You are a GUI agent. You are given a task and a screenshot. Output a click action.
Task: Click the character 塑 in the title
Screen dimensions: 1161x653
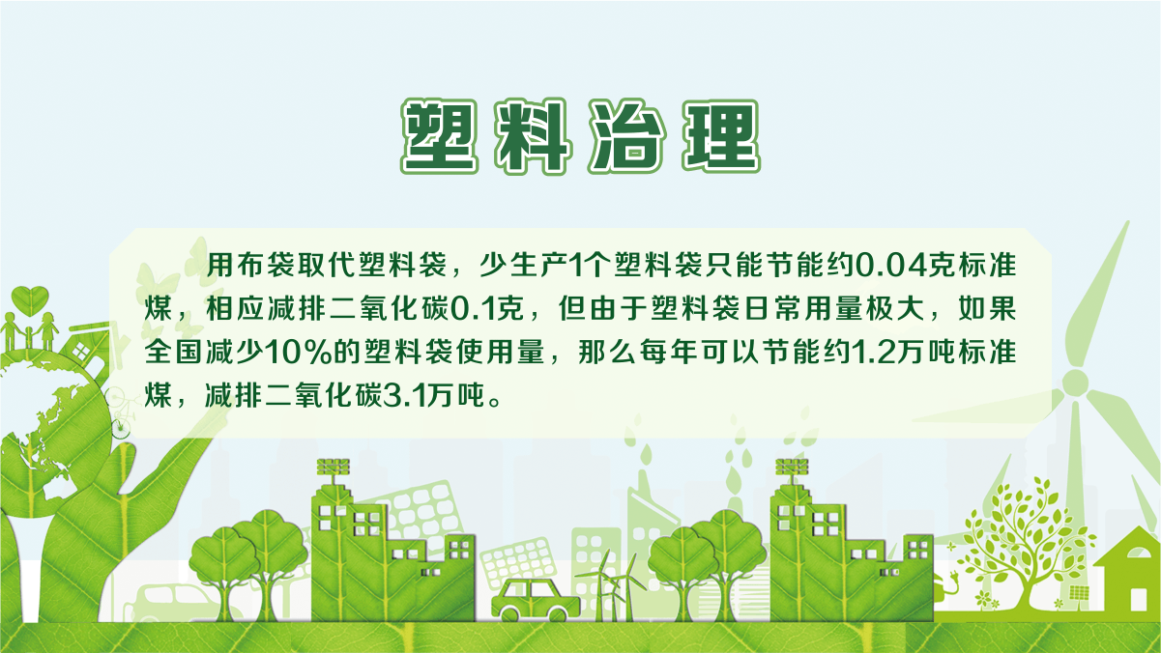click(440, 135)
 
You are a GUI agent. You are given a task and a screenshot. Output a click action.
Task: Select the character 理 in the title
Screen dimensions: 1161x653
click(721, 135)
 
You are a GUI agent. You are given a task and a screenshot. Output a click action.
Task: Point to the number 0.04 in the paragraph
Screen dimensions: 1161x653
click(890, 266)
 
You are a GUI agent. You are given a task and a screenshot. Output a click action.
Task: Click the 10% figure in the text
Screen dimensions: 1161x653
click(298, 353)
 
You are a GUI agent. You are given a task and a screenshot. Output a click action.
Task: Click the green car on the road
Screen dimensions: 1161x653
click(536, 600)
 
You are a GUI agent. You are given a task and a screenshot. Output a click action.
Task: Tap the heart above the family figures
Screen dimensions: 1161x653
click(30, 300)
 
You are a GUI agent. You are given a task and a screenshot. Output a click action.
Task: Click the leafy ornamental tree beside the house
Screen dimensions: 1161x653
click(1024, 544)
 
